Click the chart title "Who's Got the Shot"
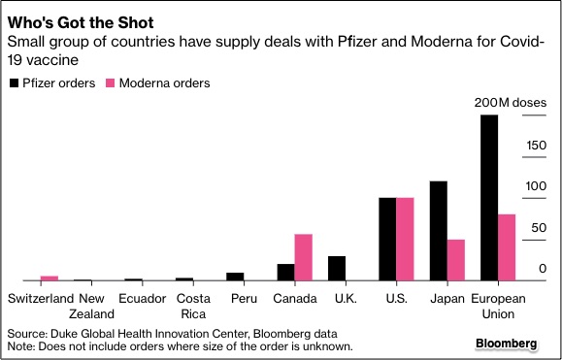click(x=74, y=21)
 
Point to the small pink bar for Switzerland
click(x=50, y=278)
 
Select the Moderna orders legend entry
click(x=157, y=83)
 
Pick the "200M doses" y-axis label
click(x=510, y=103)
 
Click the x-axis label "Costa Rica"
click(x=193, y=306)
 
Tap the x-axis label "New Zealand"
click(x=98, y=306)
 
